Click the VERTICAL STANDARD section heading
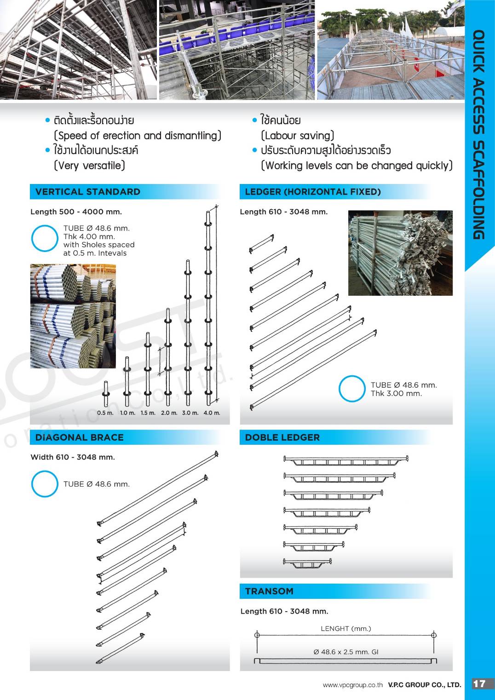coord(87,192)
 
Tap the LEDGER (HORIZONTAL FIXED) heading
coord(313,192)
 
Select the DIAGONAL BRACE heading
coord(79,437)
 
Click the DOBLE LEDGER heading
coord(282,437)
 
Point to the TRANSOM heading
coord(269,591)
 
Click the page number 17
coord(479,683)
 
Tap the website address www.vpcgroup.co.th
coord(352,685)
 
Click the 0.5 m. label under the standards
coord(105,413)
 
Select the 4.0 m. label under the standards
coord(212,413)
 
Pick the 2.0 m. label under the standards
coord(169,413)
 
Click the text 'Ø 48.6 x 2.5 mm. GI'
coord(346,652)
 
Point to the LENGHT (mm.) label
coord(345,628)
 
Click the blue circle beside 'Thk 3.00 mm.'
coord(352,389)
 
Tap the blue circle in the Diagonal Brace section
coord(45,484)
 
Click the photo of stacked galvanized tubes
coord(73,316)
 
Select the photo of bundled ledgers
coord(400,252)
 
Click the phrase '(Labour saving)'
coord(297,136)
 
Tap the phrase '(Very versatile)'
coord(89,166)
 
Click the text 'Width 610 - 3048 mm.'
coord(73,457)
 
